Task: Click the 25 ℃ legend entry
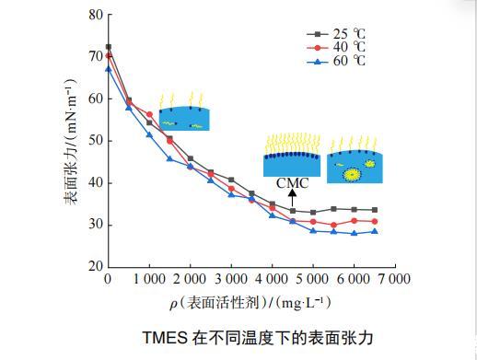(x=336, y=34)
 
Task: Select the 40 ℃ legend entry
(x=336, y=47)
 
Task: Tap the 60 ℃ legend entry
(x=336, y=61)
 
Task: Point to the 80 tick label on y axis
(x=96, y=15)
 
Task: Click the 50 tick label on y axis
(x=96, y=141)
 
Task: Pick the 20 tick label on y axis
(x=96, y=266)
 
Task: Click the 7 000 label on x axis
(x=395, y=279)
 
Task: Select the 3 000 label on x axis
(x=231, y=279)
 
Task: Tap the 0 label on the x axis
(x=108, y=279)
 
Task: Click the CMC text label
(x=292, y=183)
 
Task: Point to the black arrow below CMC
(x=293, y=198)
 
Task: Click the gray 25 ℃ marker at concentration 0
(x=109, y=47)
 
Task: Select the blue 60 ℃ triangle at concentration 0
(x=109, y=69)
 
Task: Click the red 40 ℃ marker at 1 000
(x=149, y=114)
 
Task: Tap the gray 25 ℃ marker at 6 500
(x=375, y=210)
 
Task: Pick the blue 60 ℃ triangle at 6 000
(x=354, y=233)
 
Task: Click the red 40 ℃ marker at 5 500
(x=333, y=225)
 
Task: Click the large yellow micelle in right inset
(x=352, y=175)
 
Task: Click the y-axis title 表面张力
(x=70, y=171)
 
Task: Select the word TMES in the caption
(x=165, y=338)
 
